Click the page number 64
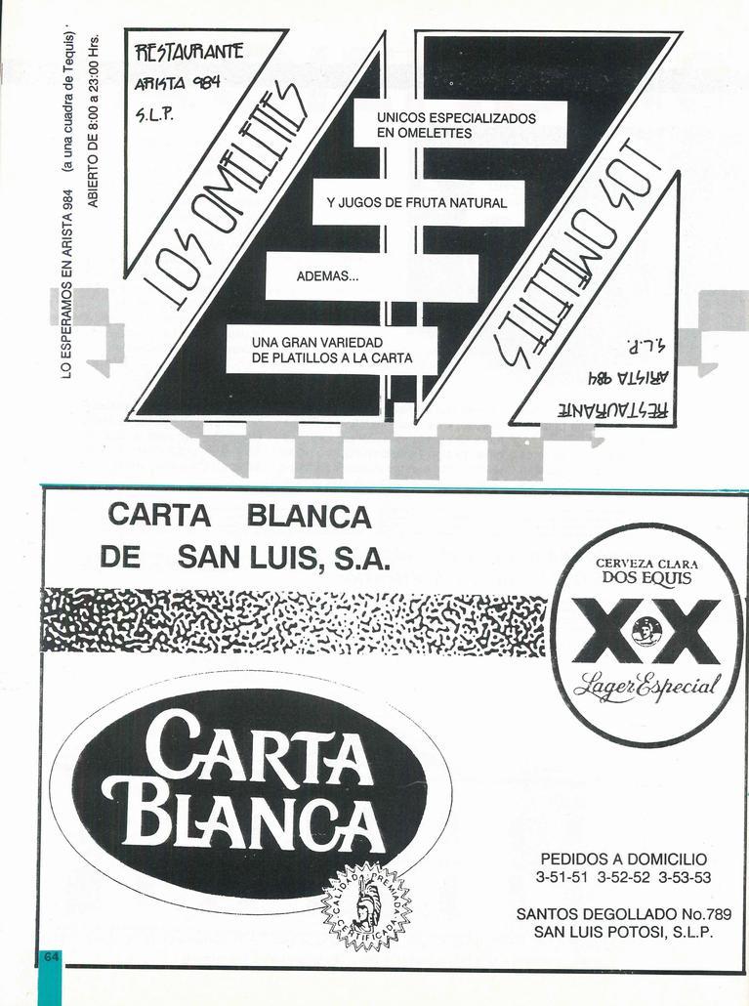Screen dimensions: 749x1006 pos(51,956)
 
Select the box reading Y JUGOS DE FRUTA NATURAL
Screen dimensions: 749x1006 pos(417,203)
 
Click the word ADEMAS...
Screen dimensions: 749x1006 pos(328,276)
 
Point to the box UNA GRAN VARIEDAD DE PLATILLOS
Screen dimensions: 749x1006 pos(332,351)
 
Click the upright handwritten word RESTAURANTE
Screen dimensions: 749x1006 pos(189,52)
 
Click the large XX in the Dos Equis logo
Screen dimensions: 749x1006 pos(645,631)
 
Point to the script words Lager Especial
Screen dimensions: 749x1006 pos(646,684)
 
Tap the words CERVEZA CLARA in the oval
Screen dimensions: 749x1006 pos(646,562)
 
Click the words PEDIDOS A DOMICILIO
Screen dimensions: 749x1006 pos(623,859)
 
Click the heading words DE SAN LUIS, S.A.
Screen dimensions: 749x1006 pos(244,558)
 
